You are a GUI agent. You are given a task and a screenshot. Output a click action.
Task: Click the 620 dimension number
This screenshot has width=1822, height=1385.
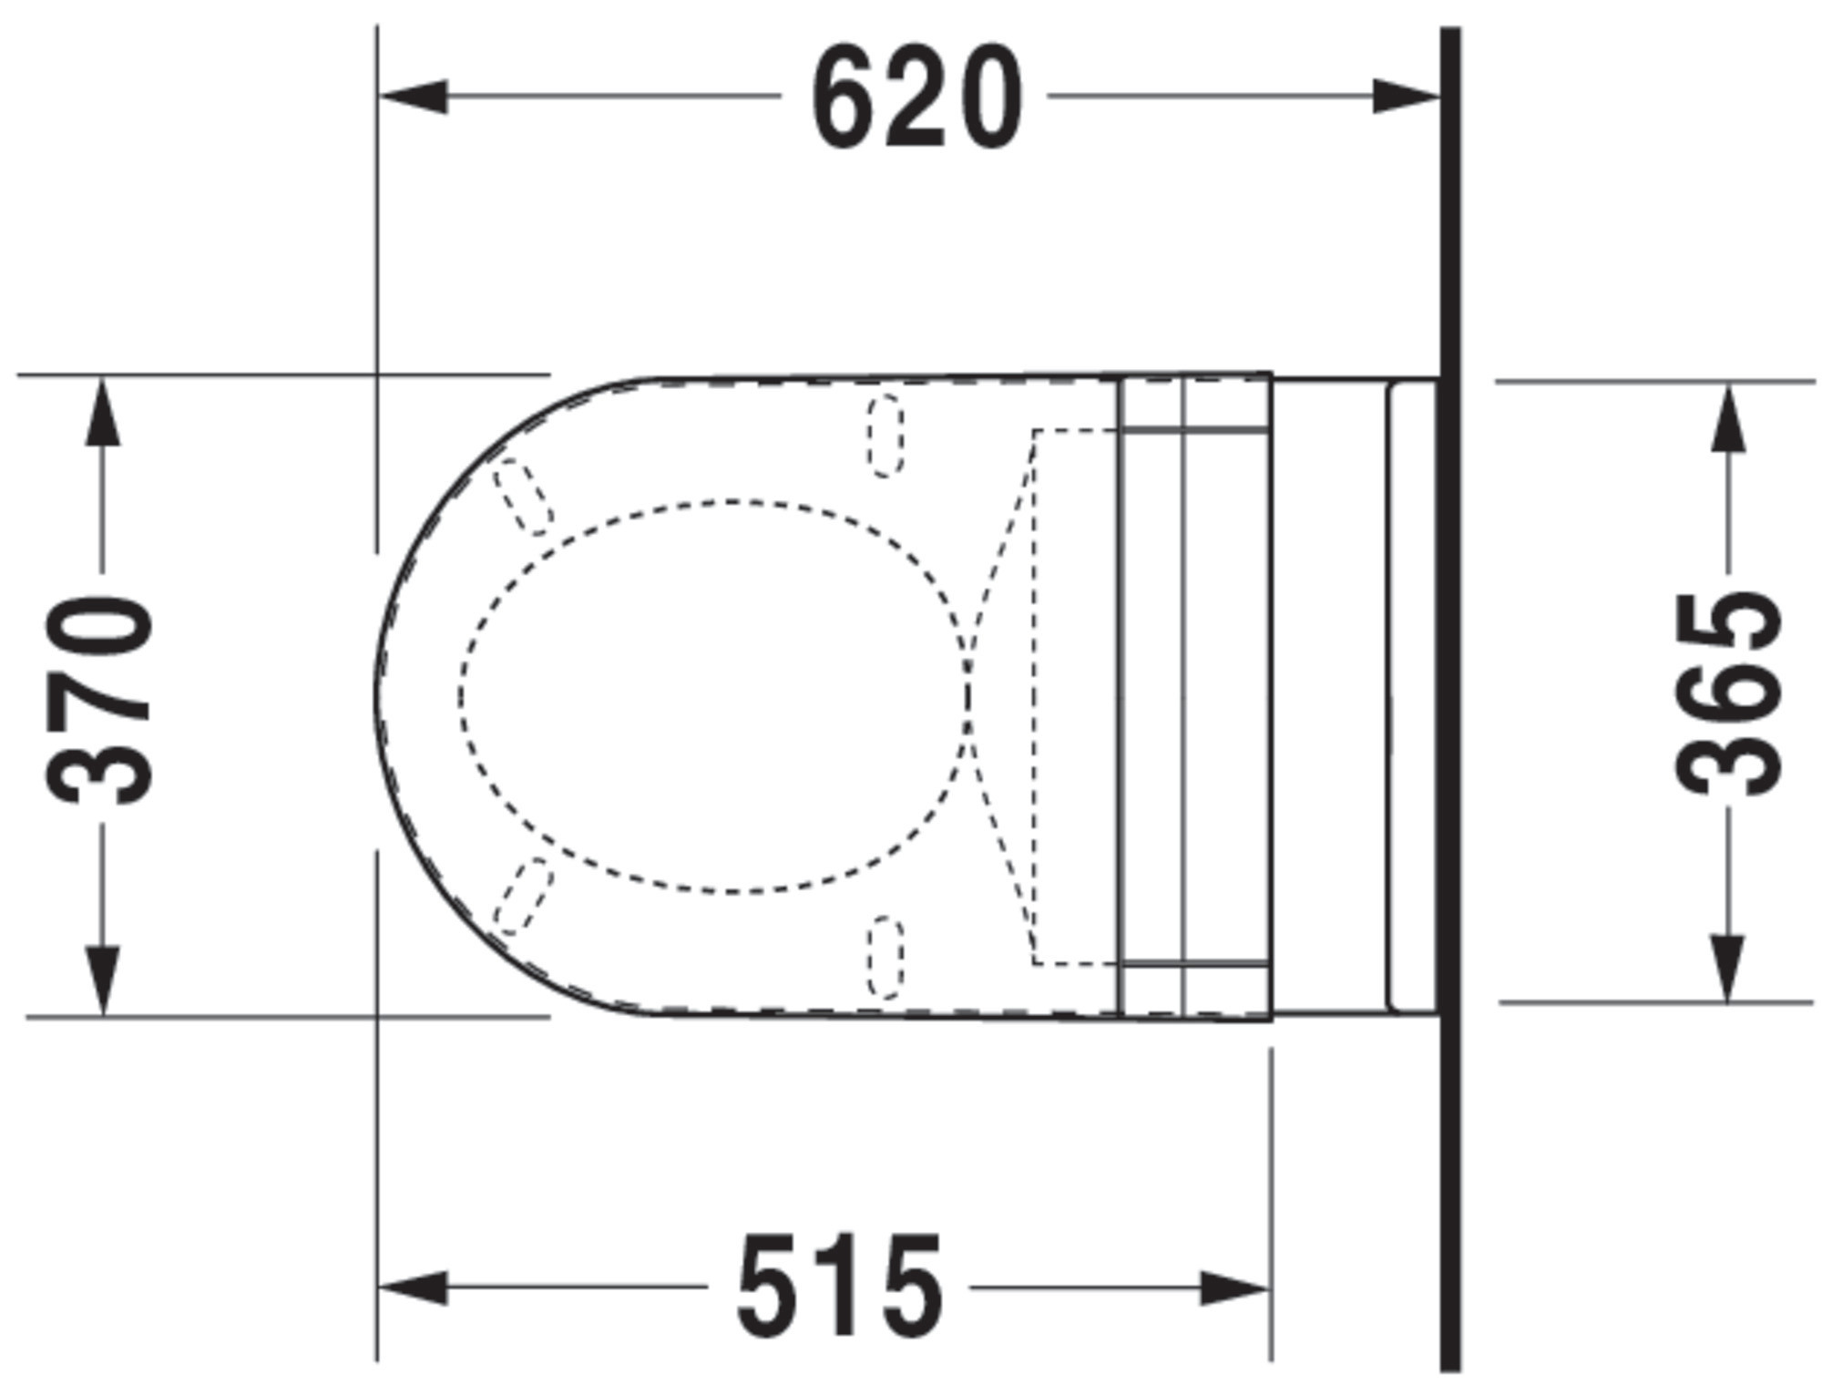[916, 98]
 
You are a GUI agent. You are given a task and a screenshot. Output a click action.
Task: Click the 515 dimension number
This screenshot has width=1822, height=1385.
[839, 1288]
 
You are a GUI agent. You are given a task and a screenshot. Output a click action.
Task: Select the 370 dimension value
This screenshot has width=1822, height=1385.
[99, 699]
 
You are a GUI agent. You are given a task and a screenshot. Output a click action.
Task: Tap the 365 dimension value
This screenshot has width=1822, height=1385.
[1728, 694]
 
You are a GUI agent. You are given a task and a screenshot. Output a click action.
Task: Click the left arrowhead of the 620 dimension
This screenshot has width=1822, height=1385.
[415, 97]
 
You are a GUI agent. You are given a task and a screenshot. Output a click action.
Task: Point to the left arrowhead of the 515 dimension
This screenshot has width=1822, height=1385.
[413, 1288]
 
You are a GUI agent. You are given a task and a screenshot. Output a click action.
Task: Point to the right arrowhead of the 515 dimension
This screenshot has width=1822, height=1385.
[1235, 1288]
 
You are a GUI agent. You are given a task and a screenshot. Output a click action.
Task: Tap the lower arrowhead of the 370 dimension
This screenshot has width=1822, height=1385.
[102, 980]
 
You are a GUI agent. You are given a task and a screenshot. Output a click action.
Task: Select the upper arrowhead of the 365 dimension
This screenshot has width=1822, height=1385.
[1728, 419]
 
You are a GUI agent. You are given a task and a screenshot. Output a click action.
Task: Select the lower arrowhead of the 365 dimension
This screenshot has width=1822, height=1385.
[1728, 969]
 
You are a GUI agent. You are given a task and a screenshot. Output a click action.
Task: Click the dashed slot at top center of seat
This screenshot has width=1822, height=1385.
[885, 436]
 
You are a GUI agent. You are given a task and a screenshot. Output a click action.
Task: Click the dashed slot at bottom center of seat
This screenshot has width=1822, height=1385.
[885, 957]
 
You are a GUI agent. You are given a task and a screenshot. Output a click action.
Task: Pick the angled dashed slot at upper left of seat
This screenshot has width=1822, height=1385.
[523, 497]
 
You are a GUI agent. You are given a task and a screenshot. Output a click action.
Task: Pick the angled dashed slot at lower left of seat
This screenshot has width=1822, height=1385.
[523, 896]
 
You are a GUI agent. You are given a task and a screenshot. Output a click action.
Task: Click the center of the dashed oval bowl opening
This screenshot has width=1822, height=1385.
[713, 696]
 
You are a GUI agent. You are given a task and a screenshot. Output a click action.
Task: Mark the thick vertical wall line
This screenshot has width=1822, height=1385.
[1450, 692]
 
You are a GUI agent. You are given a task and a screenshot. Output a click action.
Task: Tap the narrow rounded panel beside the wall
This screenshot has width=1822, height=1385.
[1411, 696]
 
